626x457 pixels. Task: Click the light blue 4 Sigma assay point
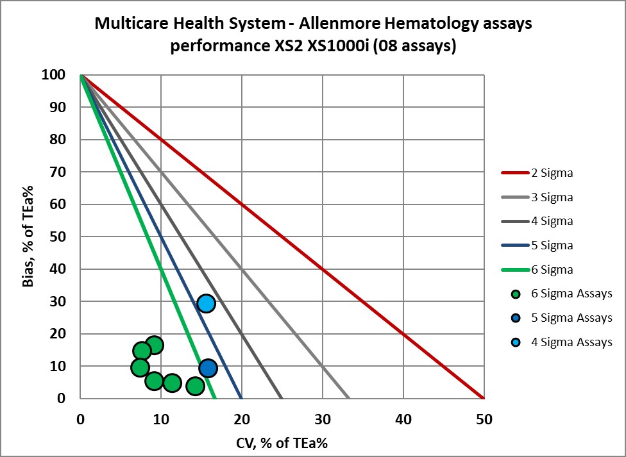206,303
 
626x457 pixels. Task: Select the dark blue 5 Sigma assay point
208,368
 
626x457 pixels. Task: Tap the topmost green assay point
154,345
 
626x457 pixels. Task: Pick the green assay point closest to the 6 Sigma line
196,386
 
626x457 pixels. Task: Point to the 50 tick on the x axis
484,420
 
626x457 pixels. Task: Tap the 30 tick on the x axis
322,420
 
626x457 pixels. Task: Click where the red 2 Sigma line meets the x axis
484,398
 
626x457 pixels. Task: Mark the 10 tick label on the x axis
161,420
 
